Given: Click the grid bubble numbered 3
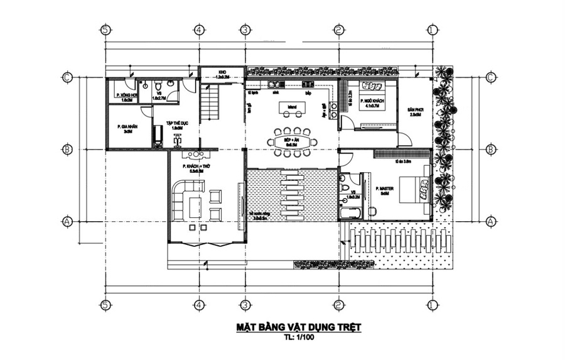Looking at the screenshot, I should (x=245, y=30).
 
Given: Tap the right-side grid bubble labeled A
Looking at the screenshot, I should (x=490, y=221).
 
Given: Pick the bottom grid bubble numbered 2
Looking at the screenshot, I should (x=338, y=305).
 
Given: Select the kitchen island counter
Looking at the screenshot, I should (x=292, y=110).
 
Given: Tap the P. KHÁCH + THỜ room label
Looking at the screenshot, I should (x=193, y=168).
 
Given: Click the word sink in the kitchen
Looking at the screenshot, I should (x=275, y=92).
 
